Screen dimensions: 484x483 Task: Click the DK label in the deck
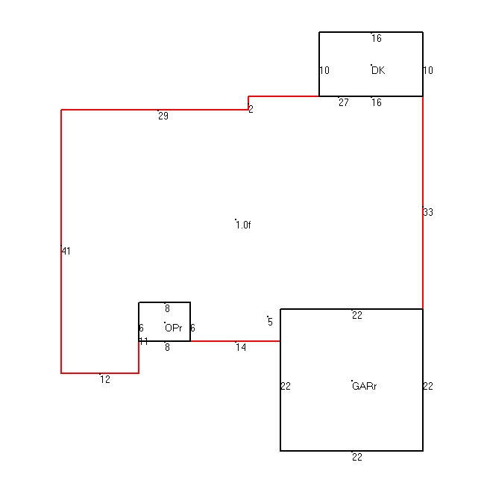[378, 70]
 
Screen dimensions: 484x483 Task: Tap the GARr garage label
[364, 386]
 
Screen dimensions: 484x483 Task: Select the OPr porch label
[174, 328]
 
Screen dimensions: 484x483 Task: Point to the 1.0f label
[243, 225]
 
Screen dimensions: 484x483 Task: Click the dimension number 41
[66, 252]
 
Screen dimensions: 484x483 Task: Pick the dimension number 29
[163, 116]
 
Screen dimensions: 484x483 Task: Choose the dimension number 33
[428, 212]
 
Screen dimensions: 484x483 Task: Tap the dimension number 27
[344, 102]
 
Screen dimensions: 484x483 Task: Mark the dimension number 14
[241, 347]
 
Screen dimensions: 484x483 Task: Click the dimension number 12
[105, 379]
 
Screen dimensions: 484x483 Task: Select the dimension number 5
[271, 322]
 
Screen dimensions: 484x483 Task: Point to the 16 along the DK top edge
[377, 38]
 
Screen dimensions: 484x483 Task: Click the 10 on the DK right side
[428, 70]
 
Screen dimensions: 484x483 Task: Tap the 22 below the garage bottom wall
[357, 457]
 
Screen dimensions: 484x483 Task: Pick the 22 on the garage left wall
[286, 386]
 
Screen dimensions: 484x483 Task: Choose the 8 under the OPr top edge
[167, 308]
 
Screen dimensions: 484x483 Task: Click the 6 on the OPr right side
[192, 328]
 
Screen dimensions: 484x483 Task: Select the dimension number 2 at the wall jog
[251, 109]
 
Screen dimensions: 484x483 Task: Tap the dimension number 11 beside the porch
[144, 341]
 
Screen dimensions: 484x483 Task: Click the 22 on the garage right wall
[428, 386]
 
